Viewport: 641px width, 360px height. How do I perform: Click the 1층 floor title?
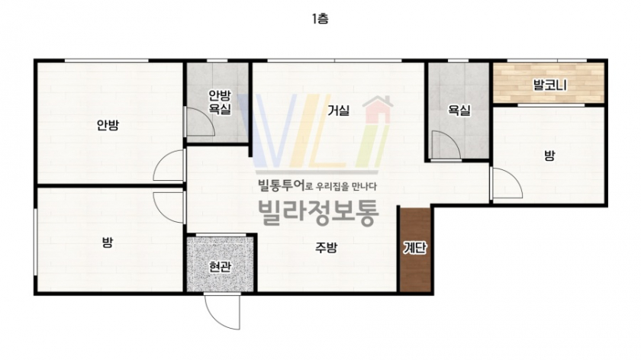320,18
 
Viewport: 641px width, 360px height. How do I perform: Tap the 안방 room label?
108,124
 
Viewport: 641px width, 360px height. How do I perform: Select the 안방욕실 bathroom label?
220,102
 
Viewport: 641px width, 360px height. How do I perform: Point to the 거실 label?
339,110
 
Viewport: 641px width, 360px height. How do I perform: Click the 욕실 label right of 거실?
459,110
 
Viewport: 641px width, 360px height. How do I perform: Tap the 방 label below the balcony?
549,156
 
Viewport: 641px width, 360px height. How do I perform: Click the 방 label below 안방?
107,243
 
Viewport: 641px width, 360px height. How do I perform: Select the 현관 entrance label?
220,267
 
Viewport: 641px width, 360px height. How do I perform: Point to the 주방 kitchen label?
327,247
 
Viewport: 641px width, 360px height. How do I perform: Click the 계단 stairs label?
415,248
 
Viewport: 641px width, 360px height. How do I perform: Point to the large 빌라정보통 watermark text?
318,213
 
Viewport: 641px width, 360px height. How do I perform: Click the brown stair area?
415,250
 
